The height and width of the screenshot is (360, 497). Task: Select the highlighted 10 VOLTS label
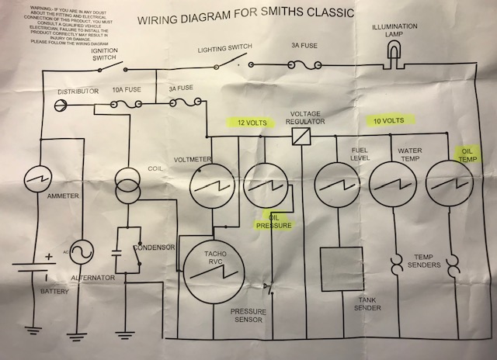[x=389, y=122]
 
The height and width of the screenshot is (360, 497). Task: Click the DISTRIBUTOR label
[x=78, y=92]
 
